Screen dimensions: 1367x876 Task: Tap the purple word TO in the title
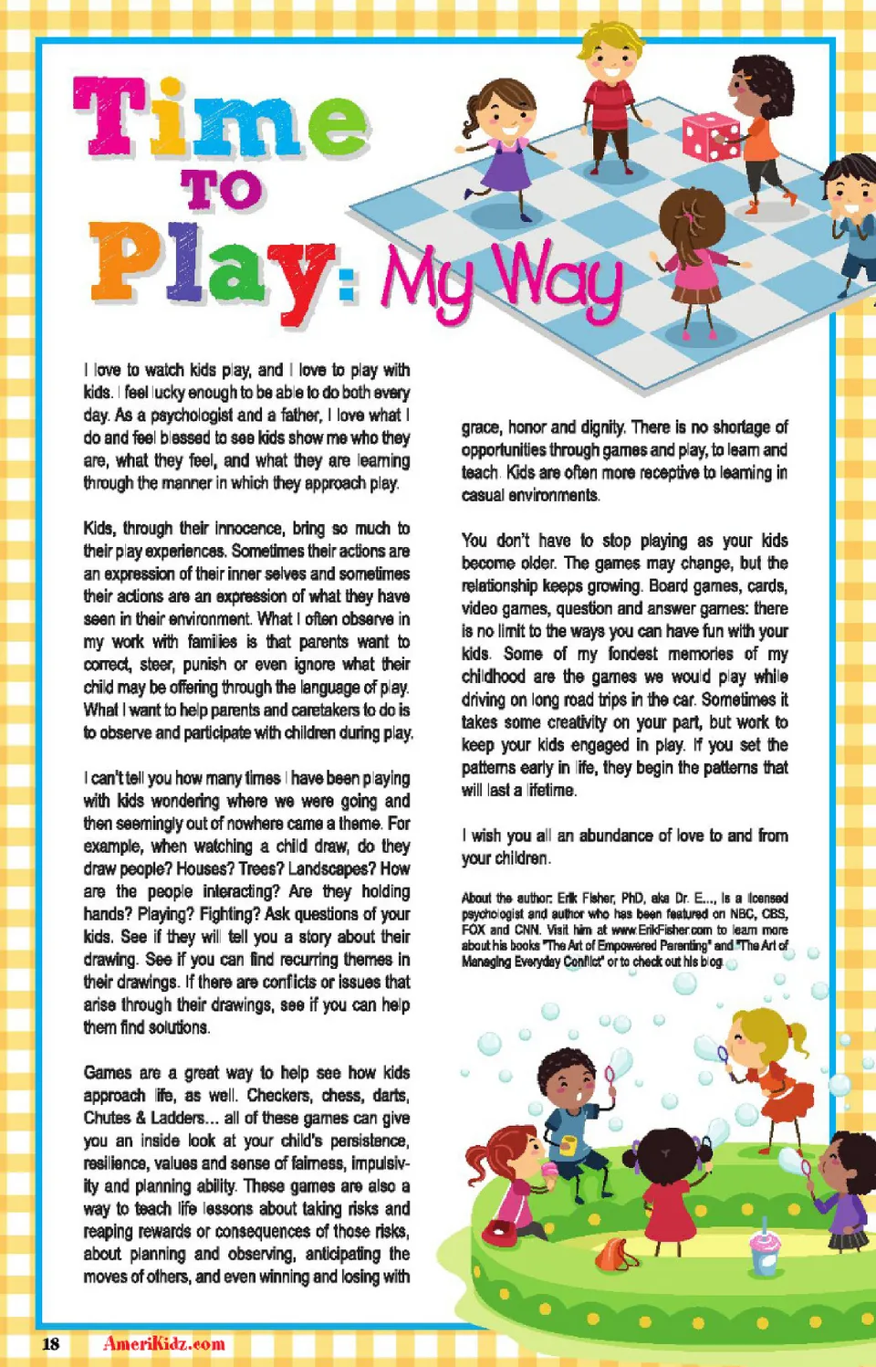pos(222,190)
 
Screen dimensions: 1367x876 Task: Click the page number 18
pos(51,1344)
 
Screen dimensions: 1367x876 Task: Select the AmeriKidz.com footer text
pos(164,1344)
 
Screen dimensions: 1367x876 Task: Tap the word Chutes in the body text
pos(107,1119)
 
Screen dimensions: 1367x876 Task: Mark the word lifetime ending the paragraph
pos(550,791)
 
